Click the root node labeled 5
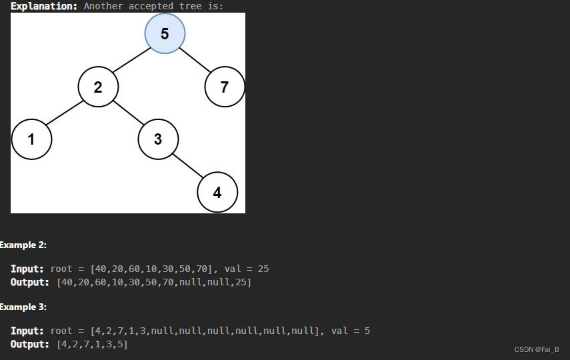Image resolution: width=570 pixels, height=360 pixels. click(x=165, y=33)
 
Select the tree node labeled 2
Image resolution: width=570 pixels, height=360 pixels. click(x=98, y=87)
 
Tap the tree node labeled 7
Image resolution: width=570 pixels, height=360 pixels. click(x=225, y=87)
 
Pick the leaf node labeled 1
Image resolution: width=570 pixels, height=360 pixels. click(x=31, y=139)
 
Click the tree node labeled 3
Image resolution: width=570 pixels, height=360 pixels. click(x=158, y=139)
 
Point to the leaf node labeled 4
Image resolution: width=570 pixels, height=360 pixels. click(x=217, y=193)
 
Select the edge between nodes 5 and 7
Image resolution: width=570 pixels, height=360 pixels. click(x=195, y=60)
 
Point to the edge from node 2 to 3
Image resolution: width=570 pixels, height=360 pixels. click(x=128, y=113)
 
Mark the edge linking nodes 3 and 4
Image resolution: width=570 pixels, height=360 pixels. click(x=188, y=166)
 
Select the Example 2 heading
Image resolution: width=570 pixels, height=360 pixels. click(x=23, y=245)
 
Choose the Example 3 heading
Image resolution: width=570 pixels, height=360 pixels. click(x=23, y=307)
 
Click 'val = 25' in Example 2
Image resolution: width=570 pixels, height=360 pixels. click(x=247, y=269)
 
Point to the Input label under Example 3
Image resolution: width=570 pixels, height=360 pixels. click(x=27, y=331)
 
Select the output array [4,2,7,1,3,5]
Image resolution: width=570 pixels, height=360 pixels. click(x=92, y=344)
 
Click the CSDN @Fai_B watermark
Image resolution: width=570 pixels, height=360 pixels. click(x=537, y=349)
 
